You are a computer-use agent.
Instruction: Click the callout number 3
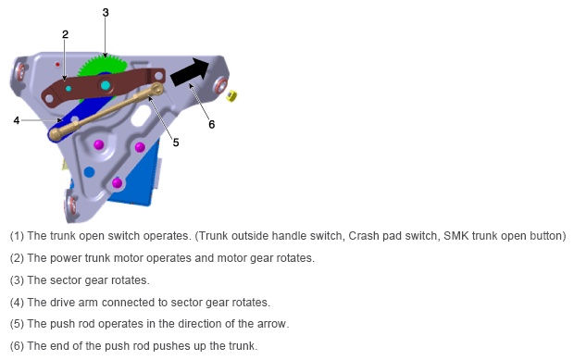(x=106, y=12)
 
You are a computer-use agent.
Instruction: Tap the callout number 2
(x=65, y=34)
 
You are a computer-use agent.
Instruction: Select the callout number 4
(x=17, y=120)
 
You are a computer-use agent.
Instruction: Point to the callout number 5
(x=176, y=143)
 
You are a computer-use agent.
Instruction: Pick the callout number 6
(x=212, y=124)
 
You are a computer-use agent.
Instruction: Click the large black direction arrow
(x=190, y=71)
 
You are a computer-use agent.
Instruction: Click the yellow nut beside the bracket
(x=231, y=96)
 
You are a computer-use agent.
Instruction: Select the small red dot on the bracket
(x=57, y=65)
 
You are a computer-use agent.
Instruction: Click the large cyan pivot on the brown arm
(x=106, y=85)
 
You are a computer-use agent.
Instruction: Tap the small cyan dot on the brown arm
(x=69, y=89)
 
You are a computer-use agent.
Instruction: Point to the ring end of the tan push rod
(x=156, y=88)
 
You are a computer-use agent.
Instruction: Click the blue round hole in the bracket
(x=89, y=171)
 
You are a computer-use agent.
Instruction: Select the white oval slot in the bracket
(x=141, y=116)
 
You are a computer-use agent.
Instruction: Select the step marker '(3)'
(x=17, y=280)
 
